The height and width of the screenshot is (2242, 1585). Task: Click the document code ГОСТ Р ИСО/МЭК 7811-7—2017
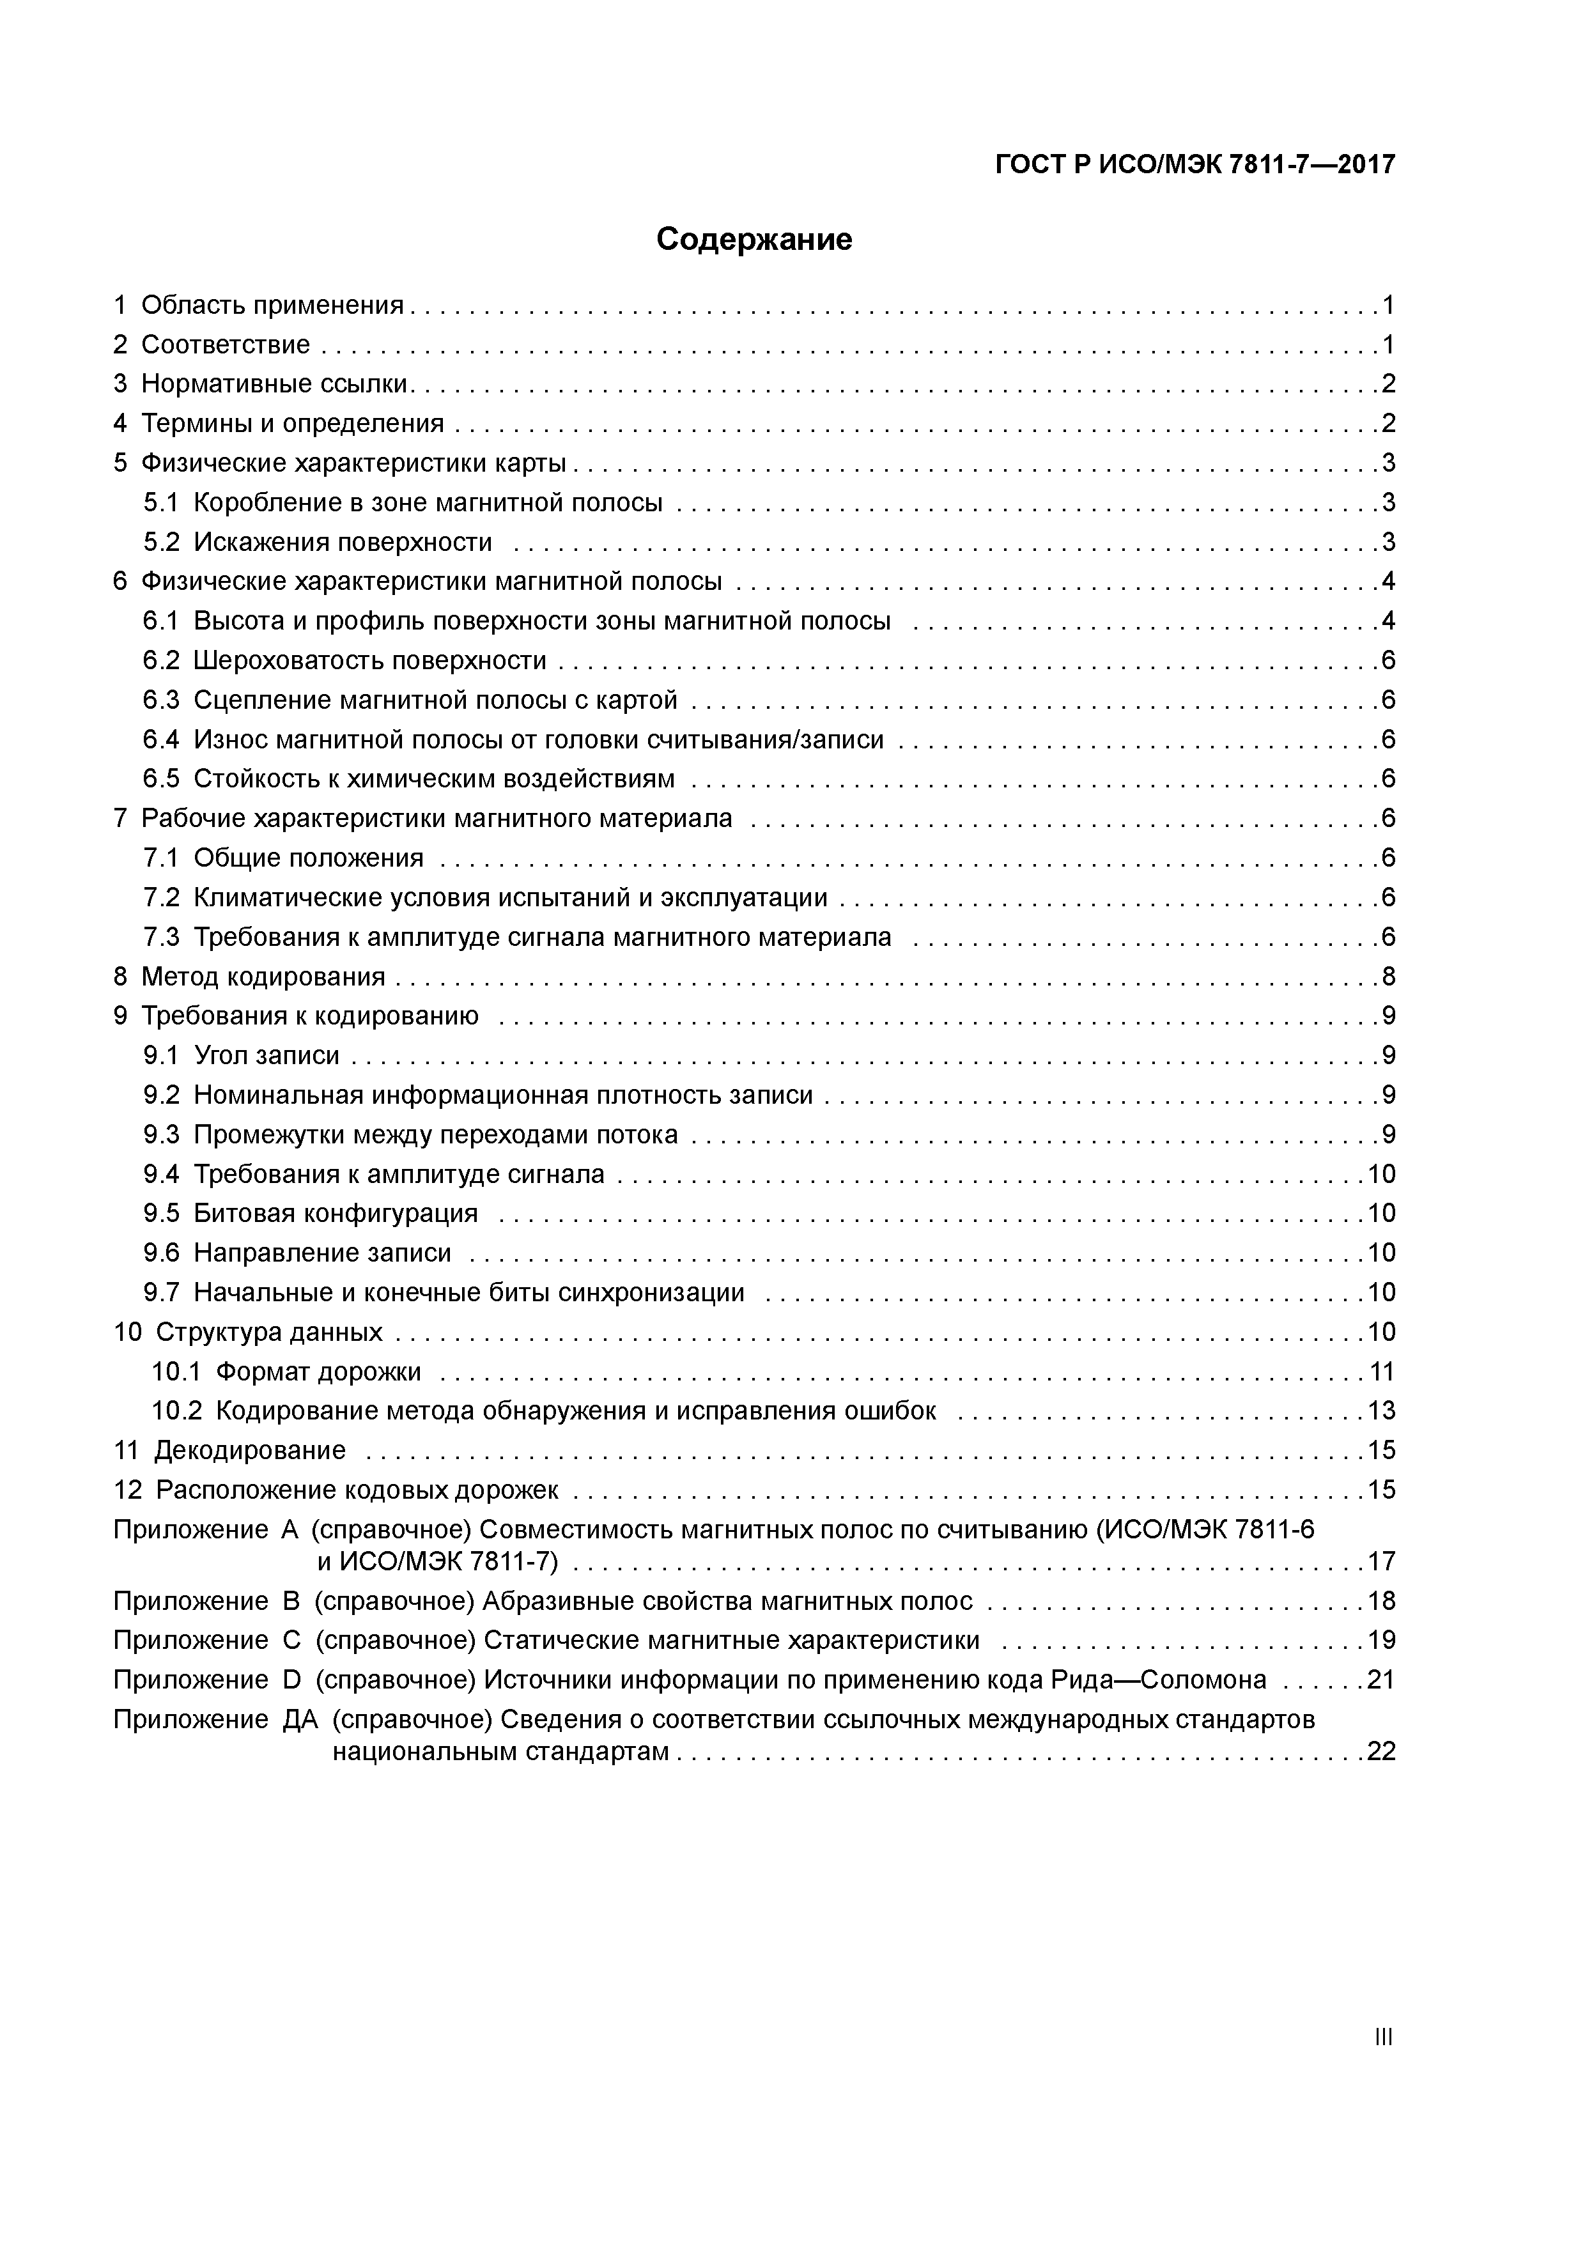(1195, 164)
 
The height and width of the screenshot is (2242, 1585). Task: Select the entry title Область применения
(272, 305)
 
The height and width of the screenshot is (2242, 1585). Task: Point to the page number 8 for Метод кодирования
(1388, 977)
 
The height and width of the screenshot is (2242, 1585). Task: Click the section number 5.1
(161, 503)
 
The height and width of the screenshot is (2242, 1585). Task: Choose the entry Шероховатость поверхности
(369, 661)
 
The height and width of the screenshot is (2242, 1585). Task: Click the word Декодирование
(250, 1450)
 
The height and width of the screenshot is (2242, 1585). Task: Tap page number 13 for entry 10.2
(1381, 1411)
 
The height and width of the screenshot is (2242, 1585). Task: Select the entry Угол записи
(267, 1056)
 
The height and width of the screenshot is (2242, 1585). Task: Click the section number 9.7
(161, 1293)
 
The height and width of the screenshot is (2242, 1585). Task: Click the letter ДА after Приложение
(300, 1720)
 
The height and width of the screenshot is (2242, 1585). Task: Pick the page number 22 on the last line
(1381, 1752)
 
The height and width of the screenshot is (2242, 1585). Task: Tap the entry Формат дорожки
(318, 1372)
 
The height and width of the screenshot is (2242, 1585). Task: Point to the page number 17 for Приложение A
(1381, 1561)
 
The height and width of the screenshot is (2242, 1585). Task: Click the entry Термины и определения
(292, 424)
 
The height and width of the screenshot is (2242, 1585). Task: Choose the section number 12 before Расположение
(127, 1490)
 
